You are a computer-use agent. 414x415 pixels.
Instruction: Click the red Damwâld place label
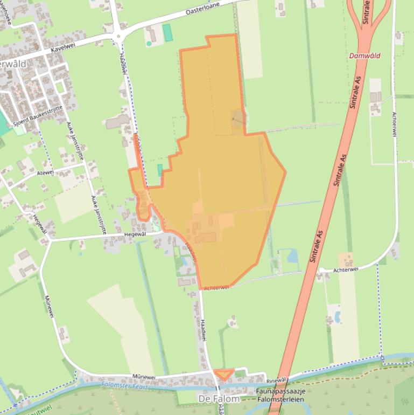364,56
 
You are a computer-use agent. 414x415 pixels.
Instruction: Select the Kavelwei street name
62,47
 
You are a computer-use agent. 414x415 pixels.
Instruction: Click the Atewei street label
45,172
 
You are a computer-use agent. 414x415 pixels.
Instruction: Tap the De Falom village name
219,399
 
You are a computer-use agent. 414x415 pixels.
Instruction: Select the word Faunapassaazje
280,391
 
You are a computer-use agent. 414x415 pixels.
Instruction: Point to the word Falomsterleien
280,399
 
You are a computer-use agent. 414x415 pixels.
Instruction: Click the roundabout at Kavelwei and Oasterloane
118,37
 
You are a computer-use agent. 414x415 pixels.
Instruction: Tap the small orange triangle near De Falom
223,373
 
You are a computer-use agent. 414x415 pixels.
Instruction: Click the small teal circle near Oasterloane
149,43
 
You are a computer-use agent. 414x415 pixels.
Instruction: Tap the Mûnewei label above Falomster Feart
144,377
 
